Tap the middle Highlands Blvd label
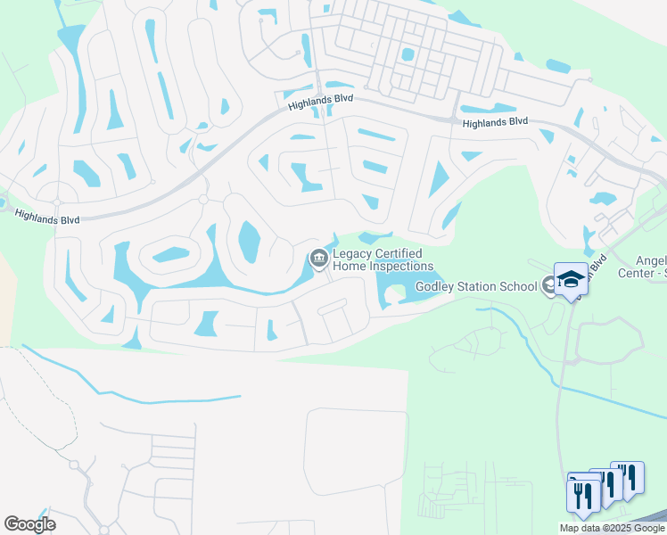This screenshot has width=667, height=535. pos(309,104)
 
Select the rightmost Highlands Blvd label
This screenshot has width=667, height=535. pos(495,121)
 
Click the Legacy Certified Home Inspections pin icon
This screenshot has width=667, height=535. pos(318,259)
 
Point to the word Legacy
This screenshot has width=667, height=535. pos(352,254)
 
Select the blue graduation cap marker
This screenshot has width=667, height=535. pos(571,279)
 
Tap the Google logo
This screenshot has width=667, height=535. pos(29,523)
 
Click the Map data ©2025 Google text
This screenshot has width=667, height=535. pos(612,528)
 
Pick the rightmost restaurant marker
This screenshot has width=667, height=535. pos(629,477)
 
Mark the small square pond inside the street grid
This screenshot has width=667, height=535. pos(408,54)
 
